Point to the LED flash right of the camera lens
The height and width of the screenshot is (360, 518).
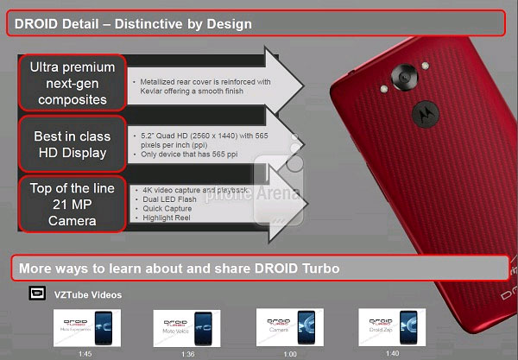(427, 66)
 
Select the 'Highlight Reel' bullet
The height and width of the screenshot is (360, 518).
(163, 217)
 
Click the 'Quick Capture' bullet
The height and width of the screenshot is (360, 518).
(163, 207)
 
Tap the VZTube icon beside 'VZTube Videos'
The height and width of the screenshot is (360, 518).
(37, 294)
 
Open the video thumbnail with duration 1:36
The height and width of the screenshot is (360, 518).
(181, 329)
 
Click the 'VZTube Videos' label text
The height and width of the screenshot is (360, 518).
(88, 294)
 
